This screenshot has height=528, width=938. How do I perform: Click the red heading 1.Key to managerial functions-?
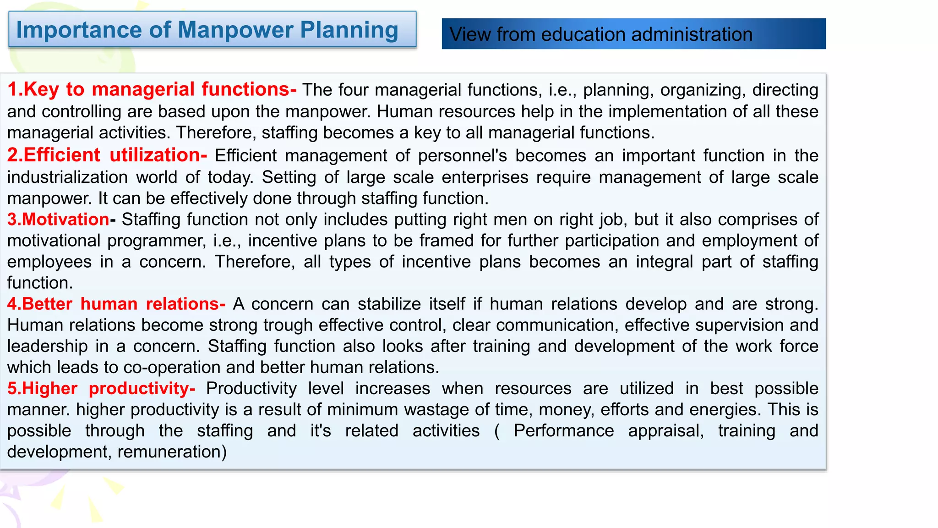click(x=152, y=89)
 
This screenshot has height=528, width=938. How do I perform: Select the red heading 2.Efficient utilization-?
click(x=107, y=155)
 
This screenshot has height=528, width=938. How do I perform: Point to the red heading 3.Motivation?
click(x=58, y=220)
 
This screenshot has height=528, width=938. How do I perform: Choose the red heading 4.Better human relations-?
click(x=116, y=304)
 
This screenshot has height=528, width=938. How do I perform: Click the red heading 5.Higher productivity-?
click(x=101, y=389)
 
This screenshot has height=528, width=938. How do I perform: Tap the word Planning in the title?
click(x=349, y=30)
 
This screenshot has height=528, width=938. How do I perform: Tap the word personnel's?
click(x=463, y=156)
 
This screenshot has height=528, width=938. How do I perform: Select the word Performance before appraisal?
click(x=563, y=431)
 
